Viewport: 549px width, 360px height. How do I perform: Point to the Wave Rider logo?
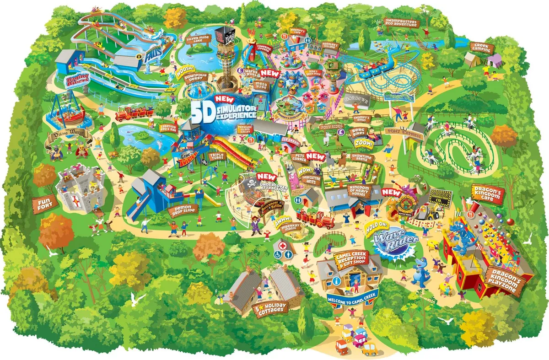click(x=387, y=240)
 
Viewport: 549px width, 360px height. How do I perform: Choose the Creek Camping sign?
click(x=482, y=48)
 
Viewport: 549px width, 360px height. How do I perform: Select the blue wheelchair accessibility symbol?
click(x=278, y=255)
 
